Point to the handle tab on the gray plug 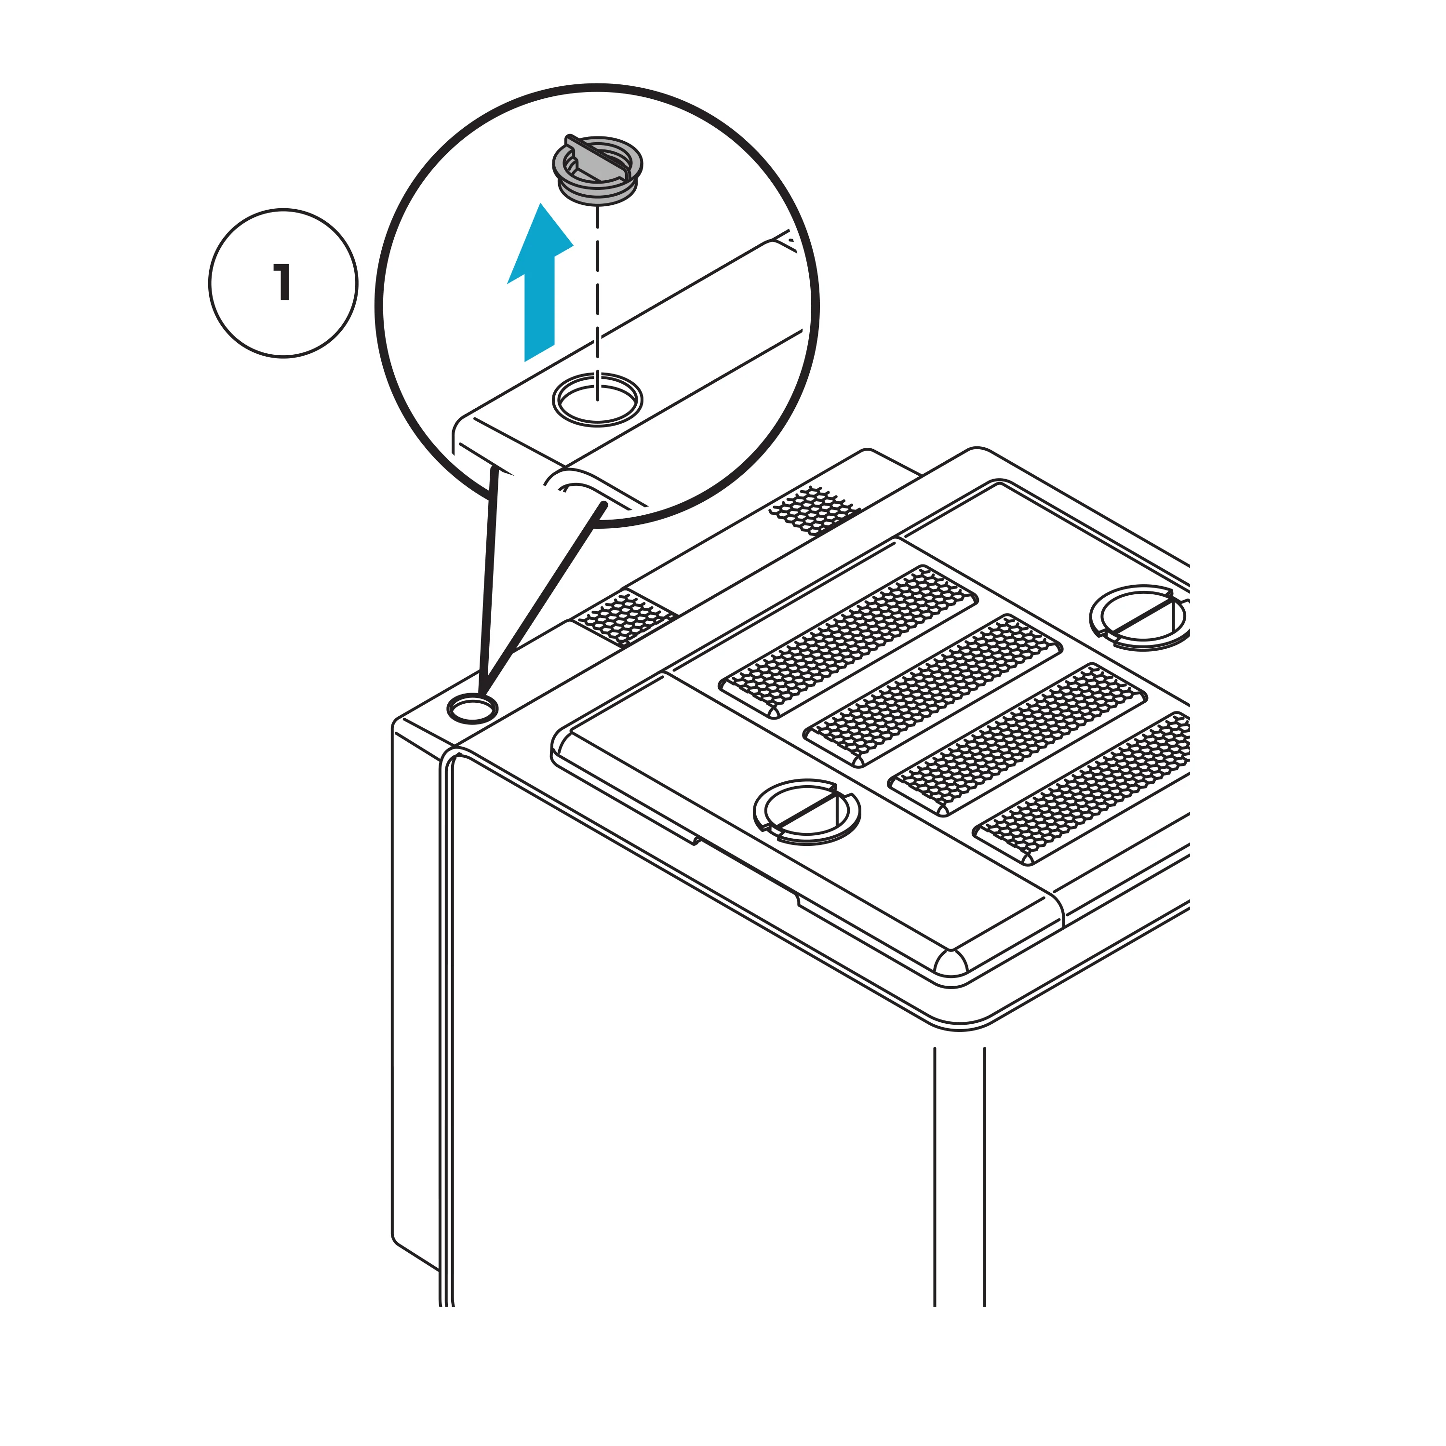tap(597, 159)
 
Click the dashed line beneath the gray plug tap(597, 303)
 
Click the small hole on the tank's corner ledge tap(472, 707)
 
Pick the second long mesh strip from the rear tap(933, 690)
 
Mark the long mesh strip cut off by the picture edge tap(1082, 788)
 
